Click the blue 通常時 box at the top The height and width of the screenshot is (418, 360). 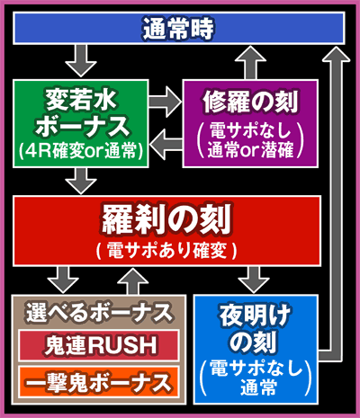click(x=180, y=29)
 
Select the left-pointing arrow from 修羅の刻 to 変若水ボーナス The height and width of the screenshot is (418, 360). click(x=166, y=139)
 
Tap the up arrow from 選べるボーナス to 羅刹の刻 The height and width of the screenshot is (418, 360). click(x=135, y=279)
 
